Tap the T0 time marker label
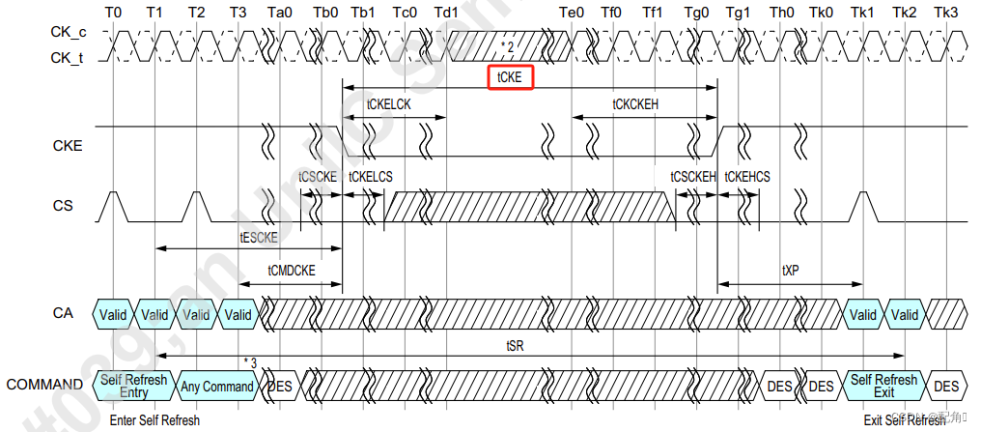coord(113,13)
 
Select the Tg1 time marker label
coord(738,13)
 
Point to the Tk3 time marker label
coord(946,13)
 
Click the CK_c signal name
coord(69,33)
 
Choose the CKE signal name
coord(67,146)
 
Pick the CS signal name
coord(64,206)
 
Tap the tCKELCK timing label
coord(389,104)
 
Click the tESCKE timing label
coord(259,237)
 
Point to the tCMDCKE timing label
coord(292,271)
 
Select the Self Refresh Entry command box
coord(133,386)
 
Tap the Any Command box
coord(217,387)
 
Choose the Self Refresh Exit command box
coord(883,386)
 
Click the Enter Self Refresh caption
coord(154,420)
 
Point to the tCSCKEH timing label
coord(693,177)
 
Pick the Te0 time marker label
coord(572,13)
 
